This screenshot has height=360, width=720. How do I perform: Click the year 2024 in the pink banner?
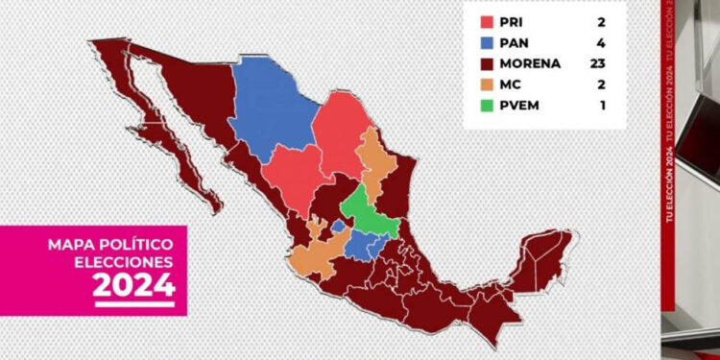pos(134,284)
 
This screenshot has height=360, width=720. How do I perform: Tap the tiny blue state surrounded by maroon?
pos(338,226)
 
